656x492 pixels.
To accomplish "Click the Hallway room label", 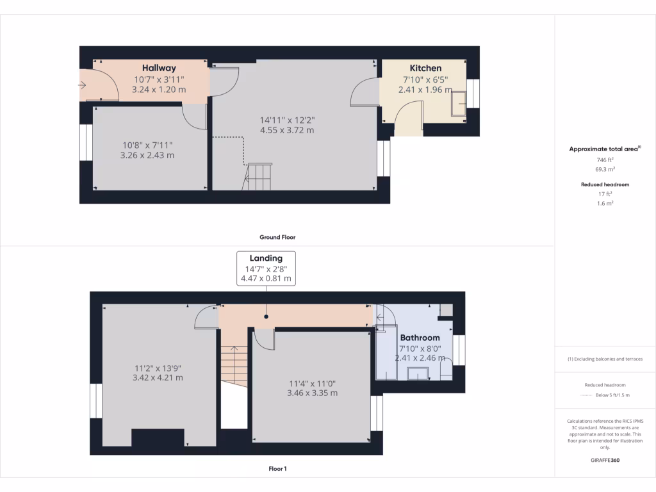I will coord(159,68).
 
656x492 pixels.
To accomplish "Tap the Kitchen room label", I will coord(425,68).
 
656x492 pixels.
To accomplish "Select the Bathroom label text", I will coord(420,338).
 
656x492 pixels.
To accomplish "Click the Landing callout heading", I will coord(266,258).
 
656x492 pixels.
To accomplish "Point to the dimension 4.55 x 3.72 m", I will coord(287,130).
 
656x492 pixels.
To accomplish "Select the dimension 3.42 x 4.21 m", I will coord(158,378).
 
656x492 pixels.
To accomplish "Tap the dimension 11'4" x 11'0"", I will coord(312,383).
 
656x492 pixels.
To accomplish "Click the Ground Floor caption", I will coord(277,237).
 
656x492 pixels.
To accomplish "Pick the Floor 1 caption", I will coord(277,469).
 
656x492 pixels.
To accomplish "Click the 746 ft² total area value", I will coord(605,160).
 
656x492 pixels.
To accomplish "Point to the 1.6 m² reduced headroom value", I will coord(605,203).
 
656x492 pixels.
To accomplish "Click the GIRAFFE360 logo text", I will coord(605,460).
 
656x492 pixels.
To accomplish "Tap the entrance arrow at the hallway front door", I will coord(83,85).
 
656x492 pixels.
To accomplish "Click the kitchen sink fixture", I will coord(459,103).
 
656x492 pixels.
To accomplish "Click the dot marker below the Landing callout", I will coord(266,316).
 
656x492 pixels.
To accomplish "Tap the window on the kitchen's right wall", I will coord(473,94).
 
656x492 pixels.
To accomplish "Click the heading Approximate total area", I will coord(605,149).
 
